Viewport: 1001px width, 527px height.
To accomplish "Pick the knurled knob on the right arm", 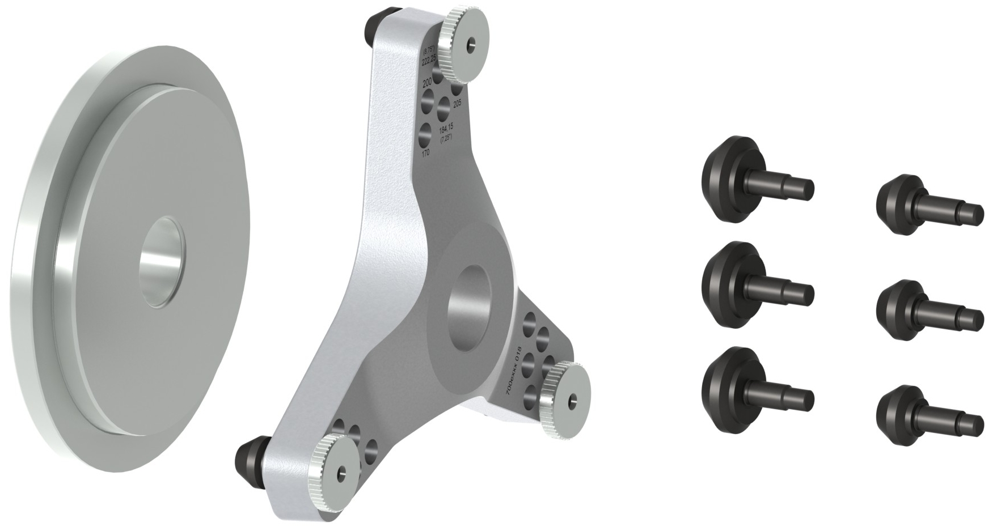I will pyautogui.click(x=564, y=398).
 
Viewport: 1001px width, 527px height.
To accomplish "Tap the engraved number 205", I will pyautogui.click(x=457, y=103).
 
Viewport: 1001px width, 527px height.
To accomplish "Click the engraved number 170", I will pyautogui.click(x=425, y=153).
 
